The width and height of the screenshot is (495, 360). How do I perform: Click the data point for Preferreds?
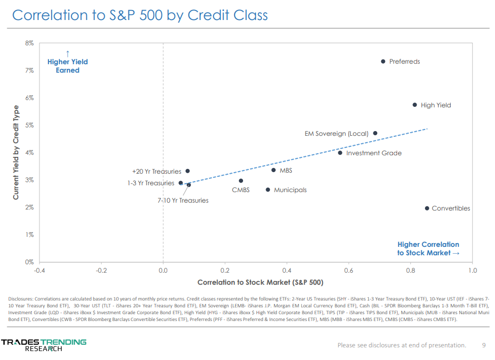(x=383, y=62)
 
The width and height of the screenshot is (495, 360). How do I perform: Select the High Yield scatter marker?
(x=415, y=105)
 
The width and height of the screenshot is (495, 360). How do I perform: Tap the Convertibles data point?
(x=427, y=208)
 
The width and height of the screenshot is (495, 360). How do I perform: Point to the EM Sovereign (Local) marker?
(x=375, y=133)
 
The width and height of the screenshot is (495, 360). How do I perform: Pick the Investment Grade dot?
(x=340, y=153)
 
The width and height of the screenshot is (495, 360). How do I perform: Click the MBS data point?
(x=274, y=170)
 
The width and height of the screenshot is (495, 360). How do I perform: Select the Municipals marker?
(x=268, y=190)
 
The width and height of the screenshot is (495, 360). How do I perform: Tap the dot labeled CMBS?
(x=241, y=181)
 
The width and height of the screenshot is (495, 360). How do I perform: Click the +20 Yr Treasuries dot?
(x=187, y=171)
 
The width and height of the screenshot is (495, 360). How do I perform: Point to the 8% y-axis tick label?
(x=29, y=43)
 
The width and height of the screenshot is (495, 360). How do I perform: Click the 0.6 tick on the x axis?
(x=349, y=271)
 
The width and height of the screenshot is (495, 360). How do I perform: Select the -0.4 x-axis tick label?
(x=39, y=271)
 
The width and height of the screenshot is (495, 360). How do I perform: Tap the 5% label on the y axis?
(x=29, y=125)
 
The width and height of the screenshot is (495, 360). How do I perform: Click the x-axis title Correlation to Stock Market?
(x=260, y=283)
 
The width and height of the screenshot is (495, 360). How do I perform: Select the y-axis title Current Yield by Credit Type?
(x=16, y=153)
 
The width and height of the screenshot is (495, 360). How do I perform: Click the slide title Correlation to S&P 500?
(x=140, y=15)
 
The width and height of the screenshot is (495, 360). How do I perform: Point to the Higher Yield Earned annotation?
(x=67, y=66)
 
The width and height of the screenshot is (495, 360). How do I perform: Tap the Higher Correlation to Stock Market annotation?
(x=428, y=248)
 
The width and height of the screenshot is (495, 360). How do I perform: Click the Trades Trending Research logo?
(x=44, y=345)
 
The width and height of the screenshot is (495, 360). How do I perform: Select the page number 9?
(x=484, y=345)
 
